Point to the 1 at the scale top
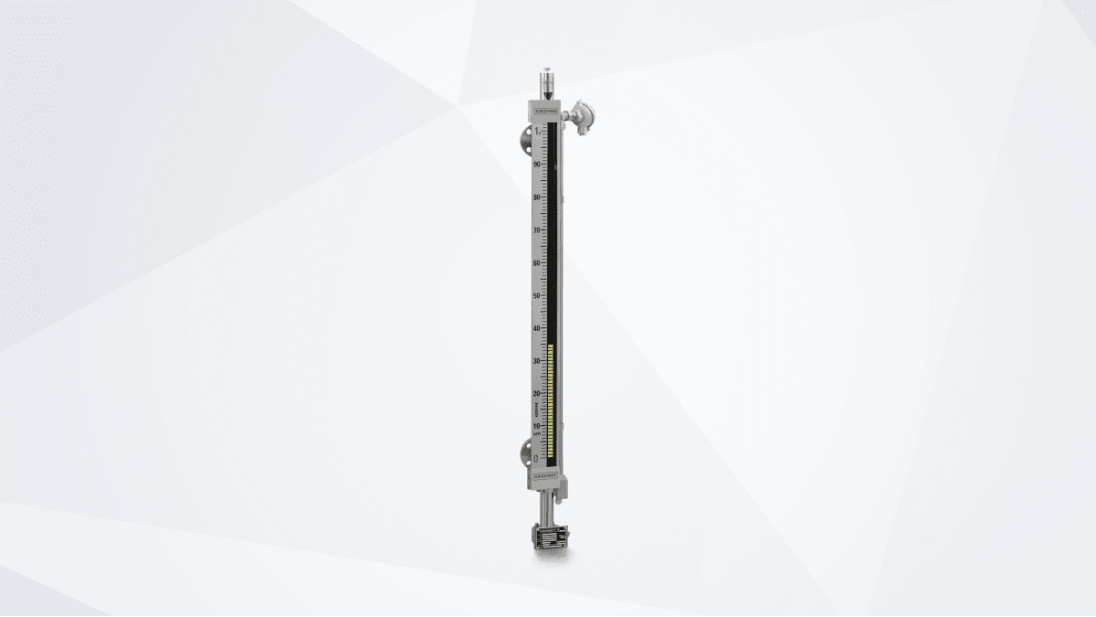pyautogui.click(x=538, y=133)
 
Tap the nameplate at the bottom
pyautogui.click(x=550, y=538)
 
